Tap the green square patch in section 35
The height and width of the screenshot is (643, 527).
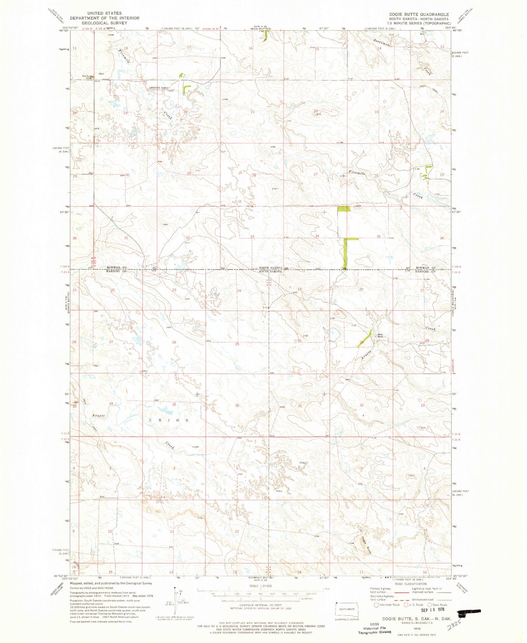(344, 208)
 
